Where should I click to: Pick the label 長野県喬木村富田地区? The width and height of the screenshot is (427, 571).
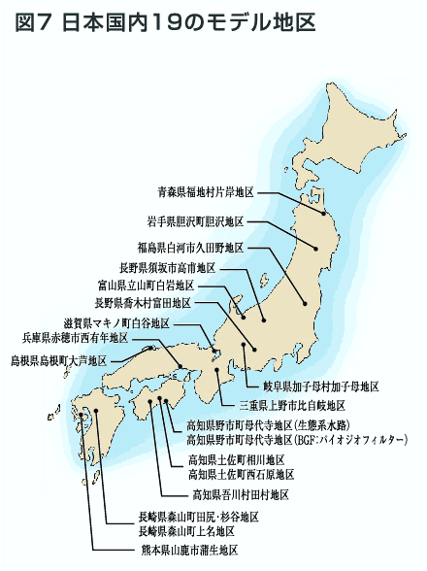(142, 303)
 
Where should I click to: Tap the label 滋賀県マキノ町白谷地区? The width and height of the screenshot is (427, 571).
(116, 322)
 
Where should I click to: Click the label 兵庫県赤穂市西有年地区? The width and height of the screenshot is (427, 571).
(75, 338)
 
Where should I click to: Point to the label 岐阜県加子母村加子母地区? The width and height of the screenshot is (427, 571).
(312, 386)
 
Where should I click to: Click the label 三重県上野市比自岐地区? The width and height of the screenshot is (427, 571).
(292, 405)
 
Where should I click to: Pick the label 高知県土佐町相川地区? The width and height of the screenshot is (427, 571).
(236, 459)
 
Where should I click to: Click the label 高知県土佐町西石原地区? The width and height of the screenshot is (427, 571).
(242, 474)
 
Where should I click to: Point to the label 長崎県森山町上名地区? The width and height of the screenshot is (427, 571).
(185, 531)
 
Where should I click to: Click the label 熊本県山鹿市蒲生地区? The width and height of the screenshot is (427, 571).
(190, 551)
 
